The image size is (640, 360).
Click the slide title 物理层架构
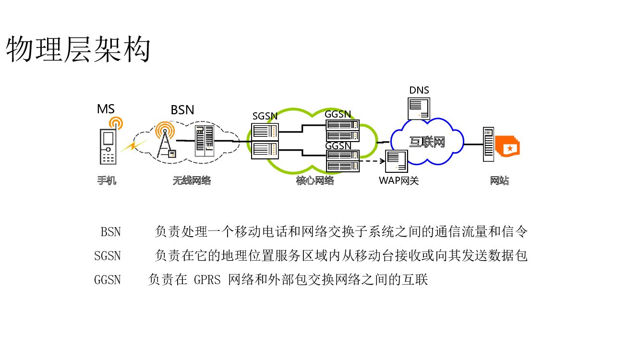coord(78,49)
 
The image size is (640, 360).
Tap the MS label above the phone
coord(106,109)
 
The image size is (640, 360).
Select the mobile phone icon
coord(109,146)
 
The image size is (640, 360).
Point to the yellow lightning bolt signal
coord(133,145)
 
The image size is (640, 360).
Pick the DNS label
coord(419,90)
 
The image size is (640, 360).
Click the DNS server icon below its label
coord(418,108)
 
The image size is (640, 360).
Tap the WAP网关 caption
coord(398,181)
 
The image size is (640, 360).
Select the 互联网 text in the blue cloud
coord(427,142)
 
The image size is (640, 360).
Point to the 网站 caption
coord(499,181)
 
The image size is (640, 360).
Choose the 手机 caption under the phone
coord(107,181)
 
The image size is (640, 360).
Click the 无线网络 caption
coord(192,181)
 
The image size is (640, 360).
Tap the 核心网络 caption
coord(314,181)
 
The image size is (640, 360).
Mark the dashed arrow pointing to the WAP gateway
coord(372,161)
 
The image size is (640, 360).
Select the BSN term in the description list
coord(110,232)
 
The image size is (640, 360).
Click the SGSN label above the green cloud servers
coord(265,117)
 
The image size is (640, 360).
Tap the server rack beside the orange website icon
coord(488,144)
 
